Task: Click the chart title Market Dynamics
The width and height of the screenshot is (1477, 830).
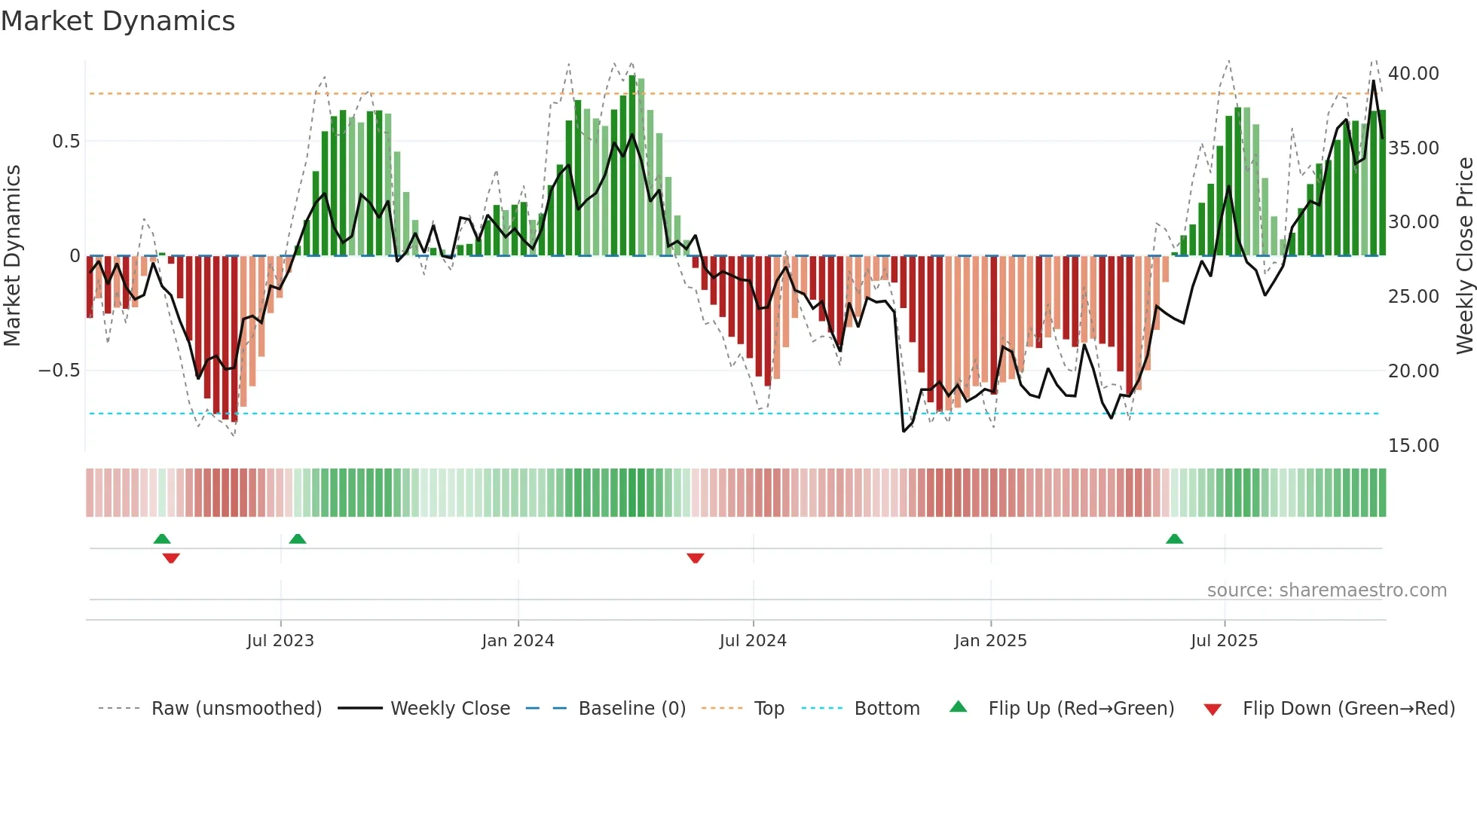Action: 118,21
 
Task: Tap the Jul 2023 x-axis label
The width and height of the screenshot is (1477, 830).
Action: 280,641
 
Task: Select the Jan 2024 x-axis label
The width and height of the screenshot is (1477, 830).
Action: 518,641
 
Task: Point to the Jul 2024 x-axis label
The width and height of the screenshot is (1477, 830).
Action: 753,641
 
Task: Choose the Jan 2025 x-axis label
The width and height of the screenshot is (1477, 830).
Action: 990,641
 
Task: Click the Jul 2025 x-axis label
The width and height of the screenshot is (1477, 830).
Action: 1225,641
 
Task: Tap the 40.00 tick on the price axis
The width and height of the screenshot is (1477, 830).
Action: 1414,74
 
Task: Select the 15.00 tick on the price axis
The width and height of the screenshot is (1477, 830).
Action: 1414,446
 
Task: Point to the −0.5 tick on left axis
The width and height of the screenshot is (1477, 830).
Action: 59,371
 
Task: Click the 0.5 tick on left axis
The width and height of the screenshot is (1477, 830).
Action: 66,142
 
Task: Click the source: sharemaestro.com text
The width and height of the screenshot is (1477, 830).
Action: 1326,590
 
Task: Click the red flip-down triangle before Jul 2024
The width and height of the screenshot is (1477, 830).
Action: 696,558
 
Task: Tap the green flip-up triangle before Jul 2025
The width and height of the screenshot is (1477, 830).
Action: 1174,539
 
